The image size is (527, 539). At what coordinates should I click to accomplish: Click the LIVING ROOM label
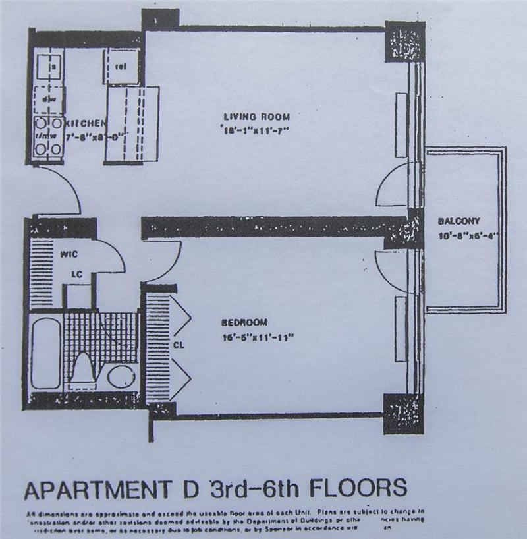click(x=256, y=117)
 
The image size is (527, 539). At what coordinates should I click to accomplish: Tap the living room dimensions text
click(x=256, y=130)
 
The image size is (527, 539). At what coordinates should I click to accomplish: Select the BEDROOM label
click(x=244, y=322)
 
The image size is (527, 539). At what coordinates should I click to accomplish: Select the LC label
click(x=76, y=275)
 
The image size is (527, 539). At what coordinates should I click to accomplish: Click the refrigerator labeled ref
click(x=121, y=67)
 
